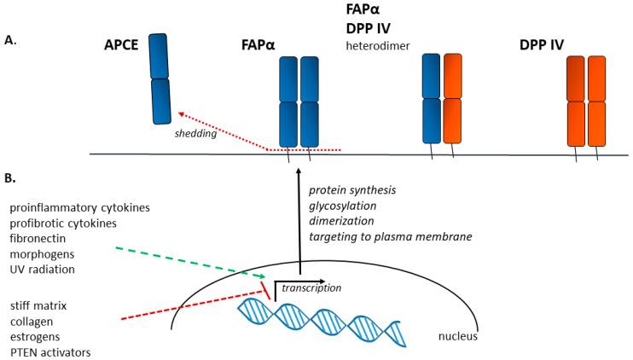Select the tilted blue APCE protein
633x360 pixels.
(160, 78)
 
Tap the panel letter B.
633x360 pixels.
(9, 180)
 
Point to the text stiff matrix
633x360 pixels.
(42, 304)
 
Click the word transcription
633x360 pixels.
(312, 288)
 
